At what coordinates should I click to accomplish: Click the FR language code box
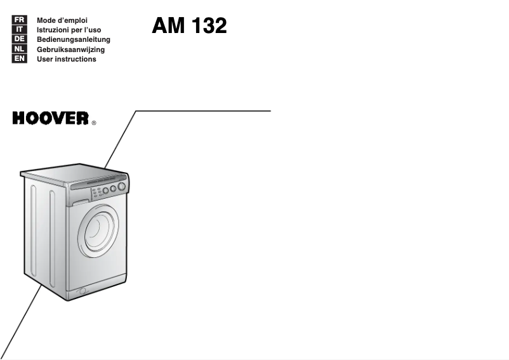[x=20, y=20]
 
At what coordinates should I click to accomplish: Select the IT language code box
[x=20, y=30]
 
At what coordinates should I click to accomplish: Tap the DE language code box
[x=20, y=39]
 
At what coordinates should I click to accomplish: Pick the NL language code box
[x=20, y=49]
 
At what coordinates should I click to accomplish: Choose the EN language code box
[x=20, y=58]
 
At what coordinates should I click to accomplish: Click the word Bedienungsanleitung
[x=74, y=40]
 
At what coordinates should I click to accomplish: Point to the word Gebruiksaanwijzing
[x=71, y=50]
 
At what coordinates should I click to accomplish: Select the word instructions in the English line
[x=76, y=59]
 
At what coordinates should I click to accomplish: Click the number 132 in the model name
[x=209, y=25]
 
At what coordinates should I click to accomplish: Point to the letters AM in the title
[x=168, y=25]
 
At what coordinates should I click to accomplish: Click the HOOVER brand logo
[x=50, y=118]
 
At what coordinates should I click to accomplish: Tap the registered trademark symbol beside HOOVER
[x=94, y=123]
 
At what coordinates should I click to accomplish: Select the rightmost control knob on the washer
[x=121, y=186]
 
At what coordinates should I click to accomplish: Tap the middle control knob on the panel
[x=113, y=189]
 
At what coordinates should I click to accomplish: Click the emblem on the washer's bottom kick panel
[x=83, y=291]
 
